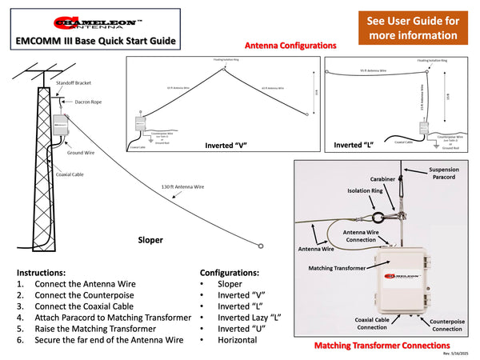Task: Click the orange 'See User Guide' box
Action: (x=413, y=28)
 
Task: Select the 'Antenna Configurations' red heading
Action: (x=290, y=46)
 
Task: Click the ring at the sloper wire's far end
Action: (x=259, y=246)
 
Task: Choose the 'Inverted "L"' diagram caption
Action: (x=353, y=146)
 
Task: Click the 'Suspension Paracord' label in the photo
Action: (x=445, y=174)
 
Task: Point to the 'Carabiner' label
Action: (x=381, y=179)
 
